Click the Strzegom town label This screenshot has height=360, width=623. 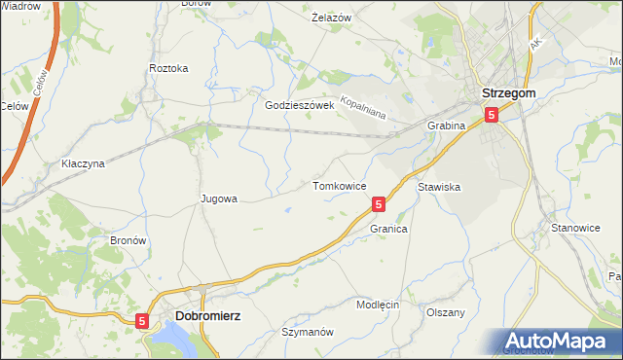pos(507,93)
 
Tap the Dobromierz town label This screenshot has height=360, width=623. pos(208,316)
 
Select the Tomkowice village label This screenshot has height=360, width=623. pos(339,185)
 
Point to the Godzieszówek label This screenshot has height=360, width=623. pos(300,105)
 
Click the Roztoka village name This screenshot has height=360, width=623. pos(168,68)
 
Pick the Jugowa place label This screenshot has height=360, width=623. pos(219,198)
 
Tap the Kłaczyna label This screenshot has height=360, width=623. pos(83,163)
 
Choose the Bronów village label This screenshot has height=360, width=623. pos(128,239)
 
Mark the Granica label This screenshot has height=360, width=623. pos(388,229)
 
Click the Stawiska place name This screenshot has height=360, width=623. pos(439,185)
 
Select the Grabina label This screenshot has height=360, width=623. pos(447,126)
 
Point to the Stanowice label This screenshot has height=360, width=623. pos(575,227)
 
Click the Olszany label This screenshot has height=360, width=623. pos(446,312)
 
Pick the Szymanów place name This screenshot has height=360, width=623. pos(308,332)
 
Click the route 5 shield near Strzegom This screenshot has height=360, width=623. pos(492,115)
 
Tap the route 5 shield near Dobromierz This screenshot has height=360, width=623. pos(143,320)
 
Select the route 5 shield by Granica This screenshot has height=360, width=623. pos(379,204)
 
